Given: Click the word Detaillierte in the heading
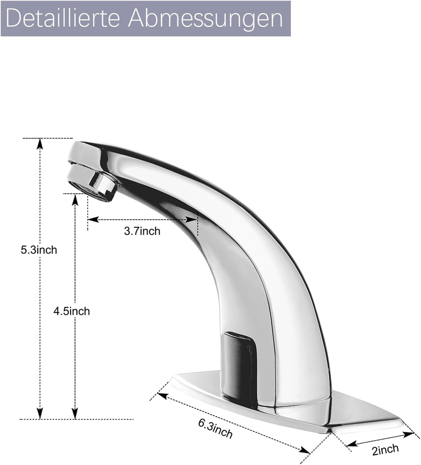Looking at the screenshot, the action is (62, 18).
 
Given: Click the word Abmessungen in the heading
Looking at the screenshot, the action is (205, 19).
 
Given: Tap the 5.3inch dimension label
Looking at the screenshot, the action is (39, 250).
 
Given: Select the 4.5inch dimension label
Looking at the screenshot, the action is (72, 311).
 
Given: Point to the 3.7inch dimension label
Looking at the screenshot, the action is (142, 231).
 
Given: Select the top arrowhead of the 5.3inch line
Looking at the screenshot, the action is (40, 144).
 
